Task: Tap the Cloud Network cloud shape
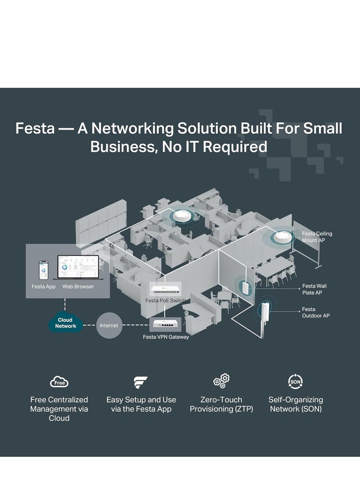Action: tap(66, 323)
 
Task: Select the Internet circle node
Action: tap(109, 325)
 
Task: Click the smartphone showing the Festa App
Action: tap(44, 270)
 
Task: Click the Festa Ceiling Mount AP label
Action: tap(317, 237)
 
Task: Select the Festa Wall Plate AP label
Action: tap(315, 289)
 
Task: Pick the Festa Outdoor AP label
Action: tap(315, 312)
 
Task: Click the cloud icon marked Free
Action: tap(59, 382)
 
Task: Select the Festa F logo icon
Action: tap(141, 382)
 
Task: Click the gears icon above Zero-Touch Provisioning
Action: tap(221, 381)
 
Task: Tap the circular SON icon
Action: tap(295, 382)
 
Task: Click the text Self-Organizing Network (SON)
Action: tap(296, 404)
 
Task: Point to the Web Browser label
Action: tap(78, 286)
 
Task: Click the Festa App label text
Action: tap(44, 286)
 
